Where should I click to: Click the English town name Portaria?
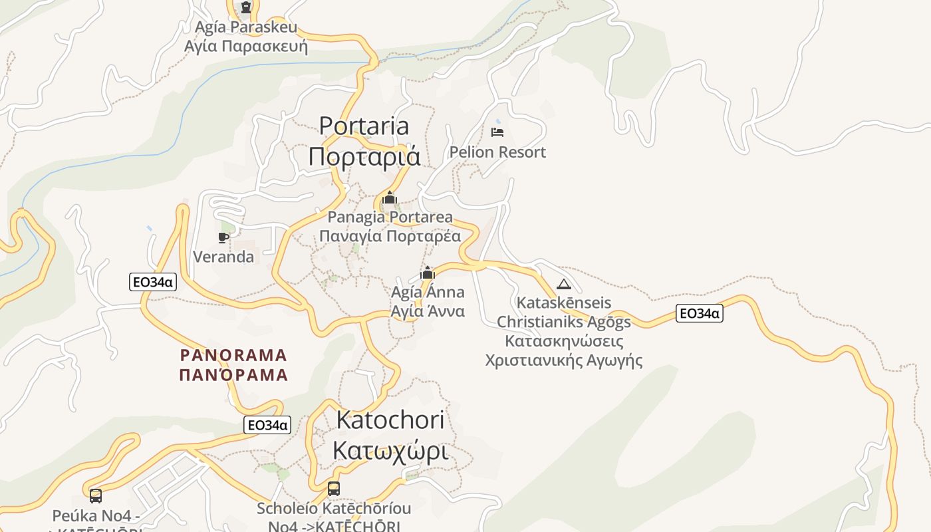pos(364,126)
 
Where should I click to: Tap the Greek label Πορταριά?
pos(364,156)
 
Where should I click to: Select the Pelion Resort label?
pos(497,152)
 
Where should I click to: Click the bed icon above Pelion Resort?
pos(497,132)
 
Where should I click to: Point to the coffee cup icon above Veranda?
pos(223,237)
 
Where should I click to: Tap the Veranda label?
pos(223,257)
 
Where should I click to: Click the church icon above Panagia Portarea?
pos(390,198)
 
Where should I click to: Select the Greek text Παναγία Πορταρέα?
pos(390,236)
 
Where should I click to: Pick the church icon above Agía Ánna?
pos(428,273)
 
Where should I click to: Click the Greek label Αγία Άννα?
pos(428,311)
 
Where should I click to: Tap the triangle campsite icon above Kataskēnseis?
pos(564,285)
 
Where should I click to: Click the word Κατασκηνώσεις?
pos(564,341)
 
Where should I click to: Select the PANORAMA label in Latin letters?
pos(233,355)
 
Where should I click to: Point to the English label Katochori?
pos(390,420)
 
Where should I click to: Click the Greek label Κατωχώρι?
pos(390,450)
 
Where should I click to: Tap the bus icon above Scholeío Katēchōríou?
pos(334,489)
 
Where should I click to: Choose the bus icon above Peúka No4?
pos(96,495)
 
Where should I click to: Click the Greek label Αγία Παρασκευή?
pos(246,47)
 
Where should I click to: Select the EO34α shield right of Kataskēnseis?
pos(699,313)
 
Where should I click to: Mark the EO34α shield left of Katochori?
pos(267,425)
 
